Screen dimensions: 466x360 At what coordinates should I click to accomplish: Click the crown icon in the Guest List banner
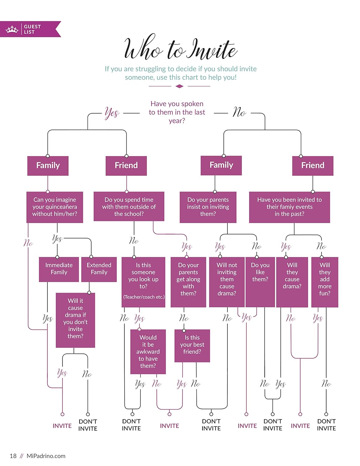point(12,30)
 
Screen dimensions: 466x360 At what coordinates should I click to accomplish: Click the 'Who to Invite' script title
point(180,49)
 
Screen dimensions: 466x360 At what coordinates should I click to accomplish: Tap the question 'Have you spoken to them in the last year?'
point(177,112)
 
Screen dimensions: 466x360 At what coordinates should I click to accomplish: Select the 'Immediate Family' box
point(59,269)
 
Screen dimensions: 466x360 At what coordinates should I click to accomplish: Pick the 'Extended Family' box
point(99,269)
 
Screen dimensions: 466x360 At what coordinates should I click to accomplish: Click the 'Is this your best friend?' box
point(192,345)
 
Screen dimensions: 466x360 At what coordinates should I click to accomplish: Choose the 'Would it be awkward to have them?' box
point(148,351)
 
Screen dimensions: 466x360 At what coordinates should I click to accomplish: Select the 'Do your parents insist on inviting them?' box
point(208,207)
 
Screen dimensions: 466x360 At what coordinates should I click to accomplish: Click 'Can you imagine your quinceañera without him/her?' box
point(55,207)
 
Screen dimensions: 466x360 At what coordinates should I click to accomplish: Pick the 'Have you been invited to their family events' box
point(289,207)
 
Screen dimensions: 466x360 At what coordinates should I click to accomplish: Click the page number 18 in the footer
point(13,456)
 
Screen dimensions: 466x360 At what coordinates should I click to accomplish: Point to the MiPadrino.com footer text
point(46,456)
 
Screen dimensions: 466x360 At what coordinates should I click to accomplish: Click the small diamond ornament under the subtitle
point(180,86)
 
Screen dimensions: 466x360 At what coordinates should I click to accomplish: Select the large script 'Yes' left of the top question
point(112,112)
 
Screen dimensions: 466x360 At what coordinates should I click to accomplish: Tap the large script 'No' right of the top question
point(239,112)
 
